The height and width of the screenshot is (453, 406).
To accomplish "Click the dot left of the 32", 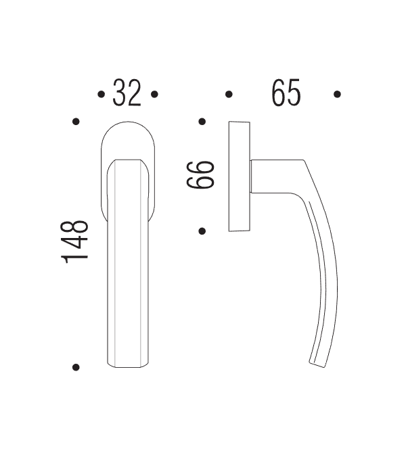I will (x=101, y=95).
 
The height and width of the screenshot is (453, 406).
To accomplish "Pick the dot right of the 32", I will (x=154, y=95).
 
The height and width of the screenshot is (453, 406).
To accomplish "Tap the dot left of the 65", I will (x=229, y=95).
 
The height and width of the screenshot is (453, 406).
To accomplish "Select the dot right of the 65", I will (x=338, y=95).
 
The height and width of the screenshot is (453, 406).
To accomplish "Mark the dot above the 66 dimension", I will (x=202, y=122).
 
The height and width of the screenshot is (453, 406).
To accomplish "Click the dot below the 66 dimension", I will (x=202, y=231).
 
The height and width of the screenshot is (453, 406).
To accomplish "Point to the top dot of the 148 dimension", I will (x=76, y=122).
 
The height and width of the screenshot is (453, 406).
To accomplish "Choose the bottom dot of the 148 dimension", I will (x=76, y=367).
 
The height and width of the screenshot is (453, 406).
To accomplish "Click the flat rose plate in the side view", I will (x=239, y=176).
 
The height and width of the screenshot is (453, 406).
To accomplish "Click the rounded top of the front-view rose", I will (x=127, y=132).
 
